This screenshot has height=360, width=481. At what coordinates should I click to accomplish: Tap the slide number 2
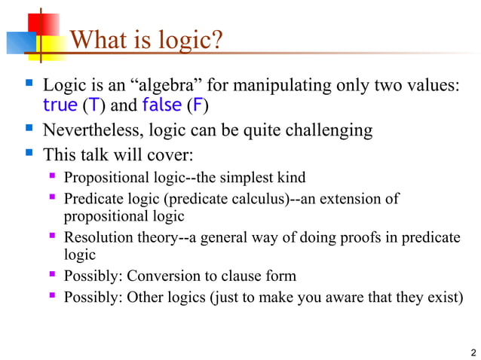tap(472, 352)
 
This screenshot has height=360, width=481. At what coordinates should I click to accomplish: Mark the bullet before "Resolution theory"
tap(52, 238)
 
